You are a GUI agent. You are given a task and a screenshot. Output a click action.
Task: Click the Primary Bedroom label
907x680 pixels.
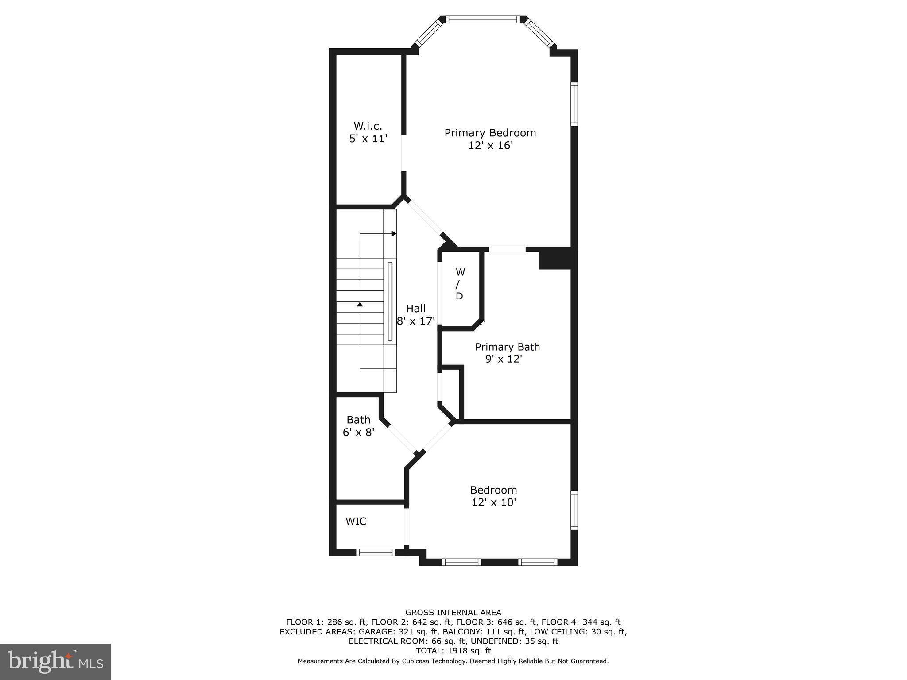coord(490,139)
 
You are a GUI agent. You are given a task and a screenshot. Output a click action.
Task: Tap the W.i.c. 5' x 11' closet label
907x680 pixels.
coord(368,132)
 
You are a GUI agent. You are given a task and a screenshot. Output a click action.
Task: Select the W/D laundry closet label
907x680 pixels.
coord(460,284)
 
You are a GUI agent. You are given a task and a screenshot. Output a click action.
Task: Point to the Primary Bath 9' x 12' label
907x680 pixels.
coord(507,352)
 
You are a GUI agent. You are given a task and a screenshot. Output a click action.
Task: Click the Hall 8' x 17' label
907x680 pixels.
coord(415,314)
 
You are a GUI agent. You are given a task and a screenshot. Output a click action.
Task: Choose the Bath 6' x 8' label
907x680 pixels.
coord(358,425)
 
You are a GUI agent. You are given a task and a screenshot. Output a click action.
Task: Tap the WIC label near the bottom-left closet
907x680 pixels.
coord(356,521)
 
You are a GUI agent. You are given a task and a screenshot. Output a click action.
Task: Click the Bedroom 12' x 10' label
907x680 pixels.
coord(493,496)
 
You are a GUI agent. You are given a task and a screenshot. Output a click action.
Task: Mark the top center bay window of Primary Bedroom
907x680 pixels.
coord(481,19)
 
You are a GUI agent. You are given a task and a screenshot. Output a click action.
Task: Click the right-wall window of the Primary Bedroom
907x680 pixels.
coord(574,104)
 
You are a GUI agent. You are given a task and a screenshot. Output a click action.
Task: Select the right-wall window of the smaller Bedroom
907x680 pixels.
coord(574,510)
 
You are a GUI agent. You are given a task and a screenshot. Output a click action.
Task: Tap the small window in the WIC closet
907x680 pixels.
coord(376,552)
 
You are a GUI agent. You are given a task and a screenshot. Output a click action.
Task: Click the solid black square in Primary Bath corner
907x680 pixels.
coord(554,259)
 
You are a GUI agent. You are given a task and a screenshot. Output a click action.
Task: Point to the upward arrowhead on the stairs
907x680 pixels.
coord(360,304)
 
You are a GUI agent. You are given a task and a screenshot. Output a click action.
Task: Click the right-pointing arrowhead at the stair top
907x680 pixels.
coord(394,233)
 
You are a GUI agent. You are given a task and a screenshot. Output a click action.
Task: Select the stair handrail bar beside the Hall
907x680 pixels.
coord(390,301)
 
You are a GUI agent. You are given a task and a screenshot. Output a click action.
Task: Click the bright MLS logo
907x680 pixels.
coord(55,661)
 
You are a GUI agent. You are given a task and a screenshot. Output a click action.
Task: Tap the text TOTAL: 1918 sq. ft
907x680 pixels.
coord(453,651)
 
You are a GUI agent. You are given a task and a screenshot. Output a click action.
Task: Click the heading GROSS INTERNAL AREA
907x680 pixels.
coord(453,613)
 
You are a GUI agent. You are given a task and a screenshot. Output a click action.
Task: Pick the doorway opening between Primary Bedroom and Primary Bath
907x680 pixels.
coord(507,250)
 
